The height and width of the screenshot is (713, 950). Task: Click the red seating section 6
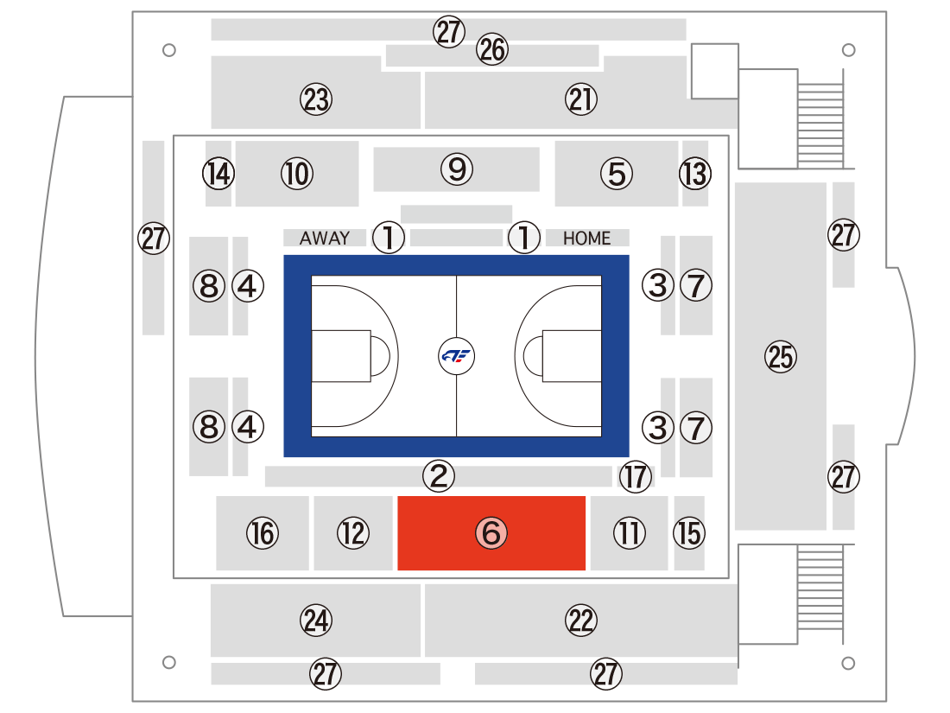pyautogui.click(x=491, y=533)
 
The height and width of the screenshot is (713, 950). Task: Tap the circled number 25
pyautogui.click(x=781, y=356)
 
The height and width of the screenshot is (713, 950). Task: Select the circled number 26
pyautogui.click(x=492, y=49)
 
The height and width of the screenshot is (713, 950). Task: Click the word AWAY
pyautogui.click(x=325, y=239)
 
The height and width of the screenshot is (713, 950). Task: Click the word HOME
pyautogui.click(x=587, y=239)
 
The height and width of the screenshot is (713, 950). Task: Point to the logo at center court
pyautogui.click(x=456, y=356)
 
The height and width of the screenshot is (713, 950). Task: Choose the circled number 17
pyautogui.click(x=636, y=476)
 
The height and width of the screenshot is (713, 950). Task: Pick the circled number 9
pyautogui.click(x=457, y=169)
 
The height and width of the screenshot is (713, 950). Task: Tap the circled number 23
pyautogui.click(x=316, y=99)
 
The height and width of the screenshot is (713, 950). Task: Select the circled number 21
pyautogui.click(x=581, y=99)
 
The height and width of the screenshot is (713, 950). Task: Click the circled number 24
pyautogui.click(x=316, y=621)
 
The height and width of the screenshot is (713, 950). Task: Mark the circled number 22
pyautogui.click(x=581, y=621)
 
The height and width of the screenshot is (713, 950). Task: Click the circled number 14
pyautogui.click(x=218, y=174)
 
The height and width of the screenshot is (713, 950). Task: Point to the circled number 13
pyautogui.click(x=695, y=174)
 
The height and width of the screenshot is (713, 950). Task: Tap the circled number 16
pyautogui.click(x=263, y=533)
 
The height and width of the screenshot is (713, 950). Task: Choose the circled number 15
pyautogui.click(x=689, y=533)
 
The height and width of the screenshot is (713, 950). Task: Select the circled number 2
pyautogui.click(x=439, y=475)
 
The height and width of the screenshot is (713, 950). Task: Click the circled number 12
pyautogui.click(x=353, y=533)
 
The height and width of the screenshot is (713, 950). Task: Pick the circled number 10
pyautogui.click(x=297, y=174)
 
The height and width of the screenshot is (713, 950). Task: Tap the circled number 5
pyautogui.click(x=617, y=174)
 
